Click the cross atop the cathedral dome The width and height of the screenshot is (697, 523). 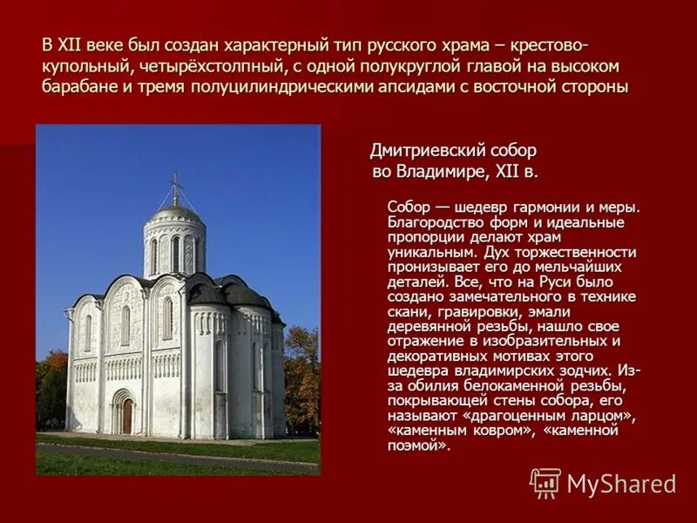pos(176,185)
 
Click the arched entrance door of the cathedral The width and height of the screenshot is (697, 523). pos(125,415)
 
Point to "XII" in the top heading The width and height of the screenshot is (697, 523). pos(69,45)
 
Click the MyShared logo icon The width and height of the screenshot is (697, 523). pos(545,482)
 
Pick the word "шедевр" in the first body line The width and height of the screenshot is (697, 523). pos(486,207)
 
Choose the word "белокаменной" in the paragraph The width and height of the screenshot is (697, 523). pos(503,386)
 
